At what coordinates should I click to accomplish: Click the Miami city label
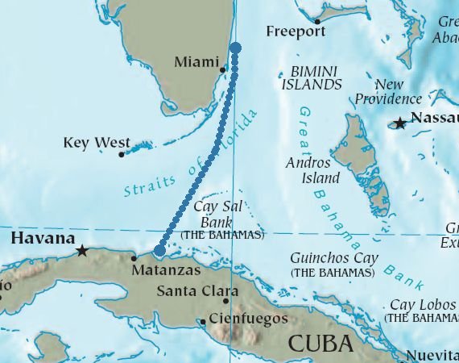[196, 62]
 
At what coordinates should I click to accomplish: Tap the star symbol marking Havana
[82, 251]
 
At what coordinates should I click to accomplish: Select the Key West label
[96, 143]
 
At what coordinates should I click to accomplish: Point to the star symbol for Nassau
[399, 123]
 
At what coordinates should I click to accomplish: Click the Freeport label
[295, 31]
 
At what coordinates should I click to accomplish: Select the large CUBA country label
[320, 344]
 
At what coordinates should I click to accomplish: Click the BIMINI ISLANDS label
[312, 77]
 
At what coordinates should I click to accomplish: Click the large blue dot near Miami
[236, 48]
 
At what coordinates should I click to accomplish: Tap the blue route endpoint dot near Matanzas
[159, 251]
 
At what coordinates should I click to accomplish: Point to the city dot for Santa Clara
[225, 302]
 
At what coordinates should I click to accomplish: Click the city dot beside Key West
[122, 154]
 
